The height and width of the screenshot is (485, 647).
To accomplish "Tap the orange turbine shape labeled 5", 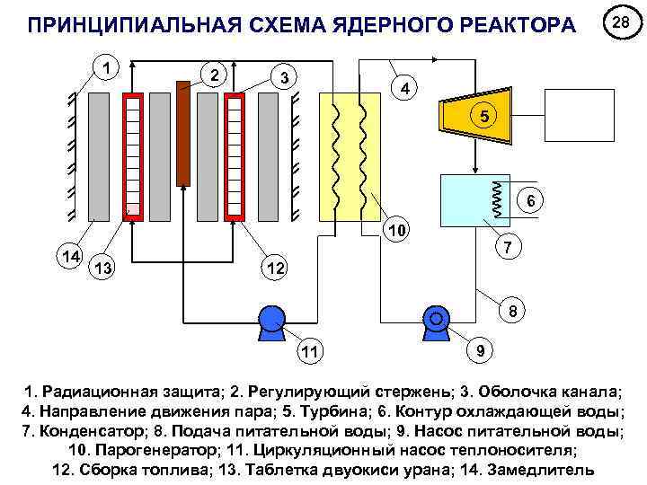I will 475,115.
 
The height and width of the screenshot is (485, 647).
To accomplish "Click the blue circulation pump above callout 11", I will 270,321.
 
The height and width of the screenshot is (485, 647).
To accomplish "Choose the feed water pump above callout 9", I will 438,321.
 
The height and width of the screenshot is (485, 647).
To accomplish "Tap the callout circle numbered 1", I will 107,66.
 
